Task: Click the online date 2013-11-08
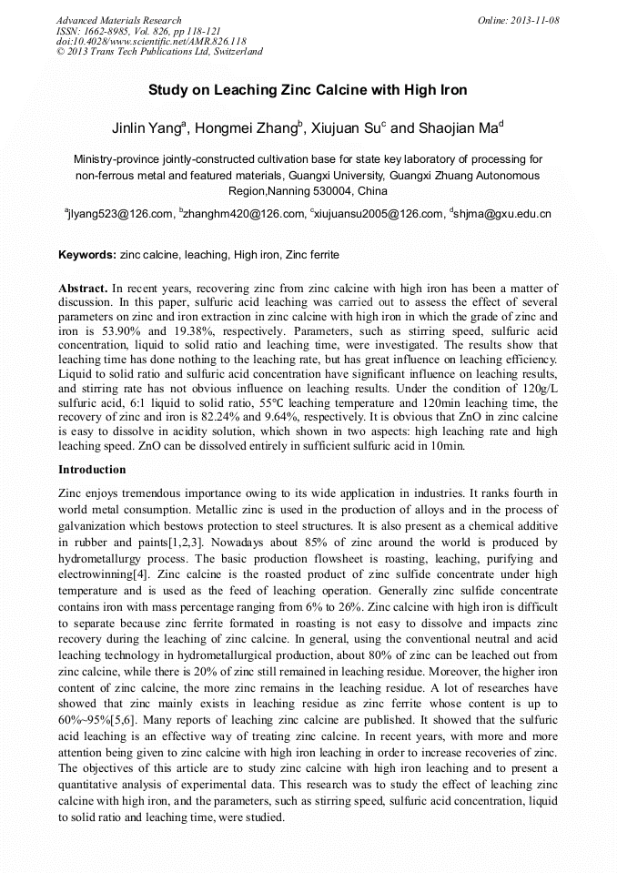(534, 20)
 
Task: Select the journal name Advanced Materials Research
(118, 20)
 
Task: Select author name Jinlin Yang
(146, 128)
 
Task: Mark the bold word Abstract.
(84, 288)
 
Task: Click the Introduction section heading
(92, 470)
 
